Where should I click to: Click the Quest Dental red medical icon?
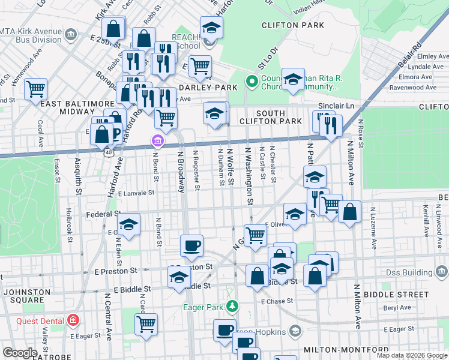pos(73,320)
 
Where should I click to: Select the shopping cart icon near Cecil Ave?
pos(36,89)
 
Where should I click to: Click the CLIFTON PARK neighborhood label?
pos(293,25)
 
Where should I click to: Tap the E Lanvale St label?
pos(136,193)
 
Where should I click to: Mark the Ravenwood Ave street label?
pos(414,88)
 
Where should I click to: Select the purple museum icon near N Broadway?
pos(157,142)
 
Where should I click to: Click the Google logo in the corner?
pos(20,353)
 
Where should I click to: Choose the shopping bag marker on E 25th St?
pos(113,28)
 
